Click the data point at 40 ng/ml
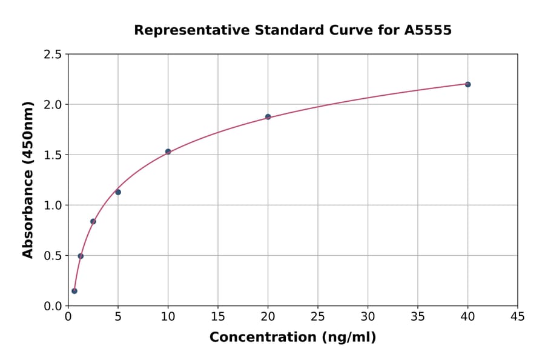tap(467, 84)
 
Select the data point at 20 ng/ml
tap(268, 117)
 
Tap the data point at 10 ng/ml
tap(168, 152)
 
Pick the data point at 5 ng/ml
tap(118, 192)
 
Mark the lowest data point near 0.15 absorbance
tap(74, 291)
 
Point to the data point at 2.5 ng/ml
tap(93, 221)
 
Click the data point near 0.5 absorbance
tap(81, 256)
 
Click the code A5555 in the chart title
tap(428, 30)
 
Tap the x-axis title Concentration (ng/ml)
tap(292, 338)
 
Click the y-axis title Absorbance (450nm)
tap(28, 180)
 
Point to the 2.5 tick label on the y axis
tap(52, 55)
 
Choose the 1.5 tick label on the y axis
tap(52, 155)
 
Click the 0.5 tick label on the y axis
tap(52, 256)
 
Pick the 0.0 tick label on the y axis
tap(52, 306)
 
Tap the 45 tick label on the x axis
tap(518, 316)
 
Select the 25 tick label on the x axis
tap(318, 316)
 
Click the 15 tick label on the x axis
tap(218, 316)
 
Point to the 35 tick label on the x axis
tap(418, 316)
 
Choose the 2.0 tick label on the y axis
tap(52, 105)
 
